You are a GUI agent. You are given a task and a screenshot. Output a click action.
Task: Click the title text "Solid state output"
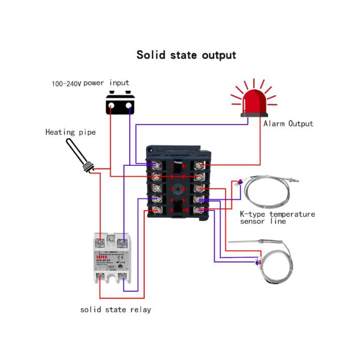pos(186,55)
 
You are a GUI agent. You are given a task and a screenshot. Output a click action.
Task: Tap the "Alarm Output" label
pos(288,124)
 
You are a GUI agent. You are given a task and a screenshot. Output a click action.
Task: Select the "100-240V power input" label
pos(90,83)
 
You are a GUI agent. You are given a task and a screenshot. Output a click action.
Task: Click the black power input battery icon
pos(120,103)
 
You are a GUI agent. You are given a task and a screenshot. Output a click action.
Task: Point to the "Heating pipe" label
pos(70,132)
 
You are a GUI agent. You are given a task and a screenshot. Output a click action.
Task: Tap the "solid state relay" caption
pos(116,310)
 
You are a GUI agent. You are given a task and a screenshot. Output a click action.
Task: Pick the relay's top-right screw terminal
pos(123,240)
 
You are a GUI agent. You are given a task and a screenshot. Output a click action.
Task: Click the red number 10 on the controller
pos(185,210)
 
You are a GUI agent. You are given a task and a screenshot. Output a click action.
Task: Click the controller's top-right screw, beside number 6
pos(200,165)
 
